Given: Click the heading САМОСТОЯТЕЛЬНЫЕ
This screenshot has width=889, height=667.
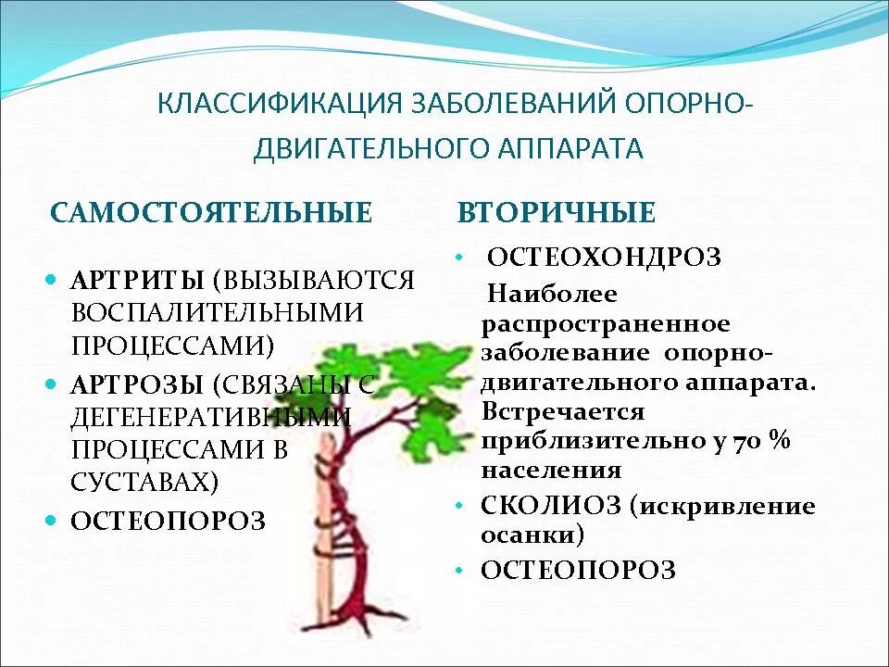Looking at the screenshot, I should click(x=211, y=213).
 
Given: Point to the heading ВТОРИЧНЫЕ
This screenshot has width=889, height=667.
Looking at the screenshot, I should click(x=557, y=213).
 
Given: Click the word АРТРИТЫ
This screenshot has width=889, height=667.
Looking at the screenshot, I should click(x=138, y=280).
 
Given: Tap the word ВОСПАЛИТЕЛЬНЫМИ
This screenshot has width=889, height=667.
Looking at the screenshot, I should click(x=218, y=313).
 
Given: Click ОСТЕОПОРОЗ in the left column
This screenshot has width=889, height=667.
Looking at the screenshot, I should click(x=169, y=521).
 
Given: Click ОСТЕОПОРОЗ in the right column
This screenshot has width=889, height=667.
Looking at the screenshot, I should click(x=578, y=570).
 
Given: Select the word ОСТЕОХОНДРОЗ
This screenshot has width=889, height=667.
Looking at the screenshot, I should click(x=604, y=257).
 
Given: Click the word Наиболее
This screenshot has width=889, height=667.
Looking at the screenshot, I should click(x=552, y=294).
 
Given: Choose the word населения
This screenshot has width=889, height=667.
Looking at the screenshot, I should click(x=551, y=470).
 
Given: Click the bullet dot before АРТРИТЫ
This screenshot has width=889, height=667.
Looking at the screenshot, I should click(x=53, y=279).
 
